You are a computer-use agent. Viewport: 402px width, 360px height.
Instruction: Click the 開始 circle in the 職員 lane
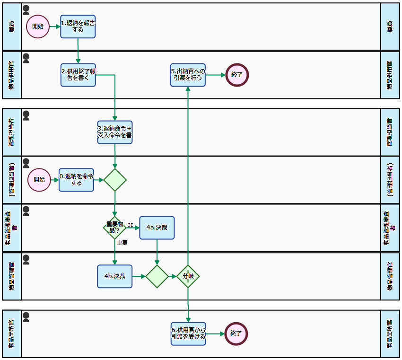point(38,26)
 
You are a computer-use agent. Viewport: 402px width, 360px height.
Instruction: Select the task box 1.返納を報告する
point(78,26)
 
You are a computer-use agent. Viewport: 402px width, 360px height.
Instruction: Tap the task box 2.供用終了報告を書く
point(78,75)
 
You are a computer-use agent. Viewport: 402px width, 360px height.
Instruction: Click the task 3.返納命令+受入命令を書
point(115,132)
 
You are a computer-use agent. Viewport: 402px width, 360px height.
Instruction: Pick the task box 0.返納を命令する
point(77,180)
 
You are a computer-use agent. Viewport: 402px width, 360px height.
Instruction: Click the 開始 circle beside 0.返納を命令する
point(39,180)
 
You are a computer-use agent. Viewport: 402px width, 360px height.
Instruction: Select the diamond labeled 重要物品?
point(114,228)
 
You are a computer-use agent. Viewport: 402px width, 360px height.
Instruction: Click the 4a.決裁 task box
point(157,228)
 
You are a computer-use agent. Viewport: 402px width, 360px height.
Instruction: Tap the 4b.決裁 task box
point(115,276)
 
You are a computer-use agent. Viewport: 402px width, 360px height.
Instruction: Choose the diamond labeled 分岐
point(188,276)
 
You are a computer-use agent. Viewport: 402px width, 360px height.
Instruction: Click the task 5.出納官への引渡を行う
point(188,75)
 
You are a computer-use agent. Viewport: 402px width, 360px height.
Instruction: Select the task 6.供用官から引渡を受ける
point(188,334)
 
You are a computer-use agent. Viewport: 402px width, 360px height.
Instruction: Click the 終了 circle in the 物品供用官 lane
point(237,75)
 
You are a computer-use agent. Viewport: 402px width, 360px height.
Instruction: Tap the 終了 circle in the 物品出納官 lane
point(236,334)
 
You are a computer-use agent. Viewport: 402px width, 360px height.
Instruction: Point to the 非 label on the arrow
point(131,225)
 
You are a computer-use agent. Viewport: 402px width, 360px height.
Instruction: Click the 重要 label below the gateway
point(122,243)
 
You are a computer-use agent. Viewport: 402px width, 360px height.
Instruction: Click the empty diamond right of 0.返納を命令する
point(115,180)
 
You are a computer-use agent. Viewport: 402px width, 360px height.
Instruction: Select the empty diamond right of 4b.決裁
point(157,276)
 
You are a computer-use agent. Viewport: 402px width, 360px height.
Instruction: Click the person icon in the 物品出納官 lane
point(26,317)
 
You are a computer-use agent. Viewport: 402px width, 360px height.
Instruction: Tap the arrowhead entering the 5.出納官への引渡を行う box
point(188,89)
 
